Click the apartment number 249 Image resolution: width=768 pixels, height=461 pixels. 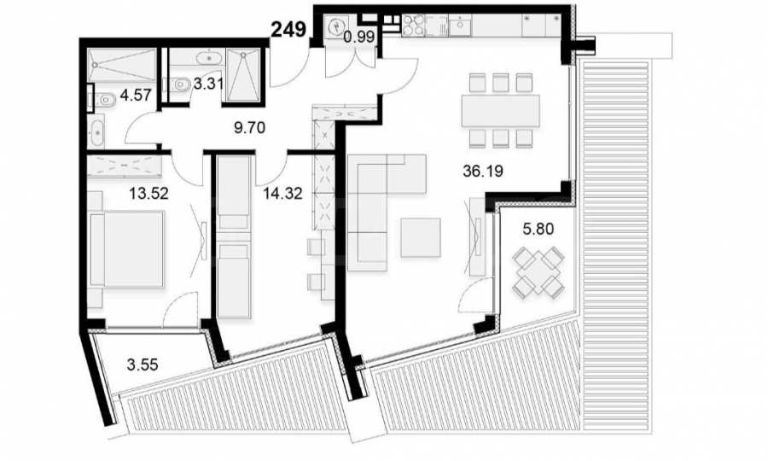point(288,29)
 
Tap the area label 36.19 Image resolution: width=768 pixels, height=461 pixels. point(483,171)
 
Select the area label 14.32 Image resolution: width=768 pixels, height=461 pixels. point(282,194)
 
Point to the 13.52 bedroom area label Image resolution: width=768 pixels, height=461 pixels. point(148,193)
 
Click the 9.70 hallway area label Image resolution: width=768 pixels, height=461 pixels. point(250,128)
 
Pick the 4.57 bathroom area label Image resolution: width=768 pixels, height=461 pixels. point(136,95)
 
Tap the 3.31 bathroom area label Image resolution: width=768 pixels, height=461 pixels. point(208,84)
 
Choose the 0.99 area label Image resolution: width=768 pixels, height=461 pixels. point(359,38)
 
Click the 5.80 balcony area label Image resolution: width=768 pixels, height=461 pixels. point(538,228)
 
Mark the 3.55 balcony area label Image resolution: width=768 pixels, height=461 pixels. point(142,365)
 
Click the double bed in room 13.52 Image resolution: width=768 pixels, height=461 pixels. point(127,249)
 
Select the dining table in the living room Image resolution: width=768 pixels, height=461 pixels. point(500,111)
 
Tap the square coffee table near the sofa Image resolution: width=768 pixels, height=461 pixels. point(420,237)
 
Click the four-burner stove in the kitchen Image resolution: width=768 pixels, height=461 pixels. point(413,26)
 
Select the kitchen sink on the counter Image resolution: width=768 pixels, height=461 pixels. point(461,25)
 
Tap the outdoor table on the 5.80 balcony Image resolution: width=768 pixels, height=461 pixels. point(538,271)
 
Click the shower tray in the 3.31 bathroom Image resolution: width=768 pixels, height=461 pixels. point(243,75)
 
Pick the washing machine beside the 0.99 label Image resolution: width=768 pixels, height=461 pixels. point(335,26)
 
